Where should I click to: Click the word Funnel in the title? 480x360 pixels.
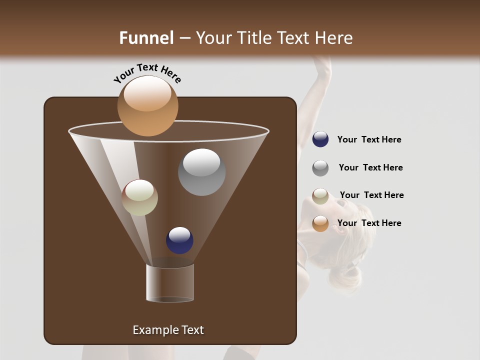coord(146,38)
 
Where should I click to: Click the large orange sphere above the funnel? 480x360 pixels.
coord(147,105)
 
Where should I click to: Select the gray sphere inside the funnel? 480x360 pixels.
coord(201,172)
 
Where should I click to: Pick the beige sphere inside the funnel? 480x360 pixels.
coord(139,197)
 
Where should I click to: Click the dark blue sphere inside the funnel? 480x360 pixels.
coord(179,240)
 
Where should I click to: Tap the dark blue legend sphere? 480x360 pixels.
coord(320,139)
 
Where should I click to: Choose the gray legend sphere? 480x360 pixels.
coord(320,168)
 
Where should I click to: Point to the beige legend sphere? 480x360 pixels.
coord(320,196)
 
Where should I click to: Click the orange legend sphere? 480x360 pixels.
coord(320,223)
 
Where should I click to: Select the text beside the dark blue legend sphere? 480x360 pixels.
coord(369,139)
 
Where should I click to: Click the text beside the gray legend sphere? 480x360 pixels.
coord(370,167)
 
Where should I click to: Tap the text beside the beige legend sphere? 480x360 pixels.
coord(371,195)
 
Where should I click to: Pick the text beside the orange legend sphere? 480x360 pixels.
coord(369,223)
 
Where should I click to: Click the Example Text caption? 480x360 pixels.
coord(168,330)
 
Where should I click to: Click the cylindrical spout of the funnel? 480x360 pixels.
coord(170,283)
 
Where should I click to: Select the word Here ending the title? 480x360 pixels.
coord(335,38)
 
